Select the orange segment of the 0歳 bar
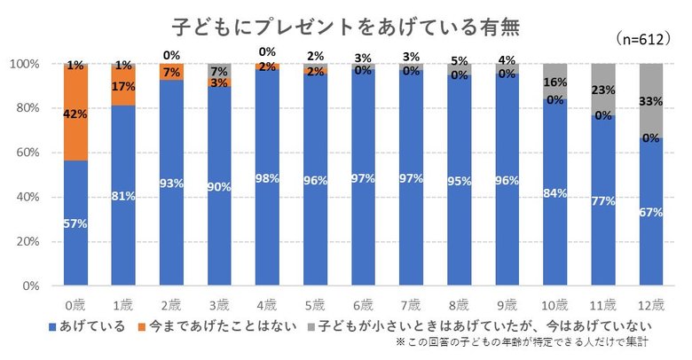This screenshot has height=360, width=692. [75, 113]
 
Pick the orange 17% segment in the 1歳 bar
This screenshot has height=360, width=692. [122, 87]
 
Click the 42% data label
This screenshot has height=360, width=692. [75, 113]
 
